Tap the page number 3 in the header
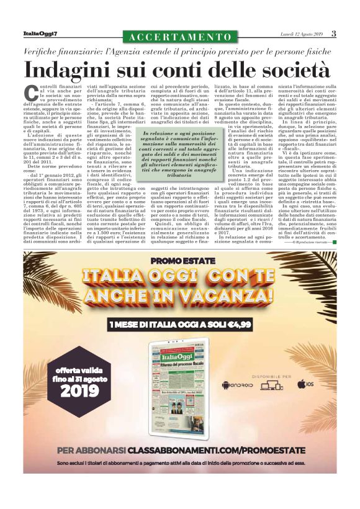[x=333, y=34]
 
